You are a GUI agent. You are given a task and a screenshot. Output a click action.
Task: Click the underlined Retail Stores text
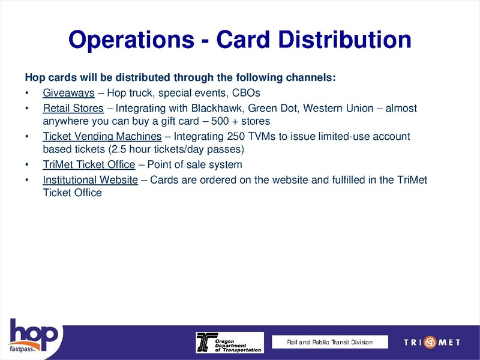[73, 109]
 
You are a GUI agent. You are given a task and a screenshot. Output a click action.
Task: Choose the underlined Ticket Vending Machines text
[102, 137]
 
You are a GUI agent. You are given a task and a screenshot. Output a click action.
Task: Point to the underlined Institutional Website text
[91, 180]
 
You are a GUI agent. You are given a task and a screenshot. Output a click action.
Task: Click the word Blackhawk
[217, 109]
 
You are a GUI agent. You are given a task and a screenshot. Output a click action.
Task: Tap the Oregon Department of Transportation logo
[229, 342]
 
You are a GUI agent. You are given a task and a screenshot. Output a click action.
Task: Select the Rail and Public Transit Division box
[329, 342]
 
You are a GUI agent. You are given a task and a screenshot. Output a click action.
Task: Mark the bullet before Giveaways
[27, 94]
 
